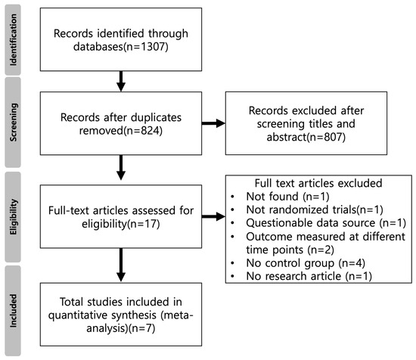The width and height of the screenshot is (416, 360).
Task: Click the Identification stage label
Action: (x=13, y=40)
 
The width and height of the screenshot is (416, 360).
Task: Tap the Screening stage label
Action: (x=13, y=123)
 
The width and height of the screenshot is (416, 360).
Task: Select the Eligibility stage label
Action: (x=13, y=217)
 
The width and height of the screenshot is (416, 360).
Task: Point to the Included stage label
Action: (x=13, y=311)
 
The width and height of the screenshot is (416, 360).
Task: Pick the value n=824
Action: (x=143, y=131)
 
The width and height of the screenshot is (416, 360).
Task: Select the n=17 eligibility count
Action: (x=144, y=224)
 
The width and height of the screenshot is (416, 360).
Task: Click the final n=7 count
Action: (x=141, y=328)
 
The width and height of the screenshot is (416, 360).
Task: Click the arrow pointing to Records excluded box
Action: (x=213, y=123)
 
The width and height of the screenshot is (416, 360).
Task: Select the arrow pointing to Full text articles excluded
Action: (x=213, y=216)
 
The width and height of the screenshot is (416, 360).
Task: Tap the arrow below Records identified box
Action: (x=121, y=81)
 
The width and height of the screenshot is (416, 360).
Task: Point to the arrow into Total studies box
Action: (x=121, y=265)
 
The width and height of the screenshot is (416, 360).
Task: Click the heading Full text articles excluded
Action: (x=318, y=183)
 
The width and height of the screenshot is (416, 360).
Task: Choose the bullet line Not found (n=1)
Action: (x=287, y=197)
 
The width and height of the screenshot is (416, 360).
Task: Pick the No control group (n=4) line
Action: (x=306, y=263)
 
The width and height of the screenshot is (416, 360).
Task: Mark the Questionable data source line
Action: (x=326, y=223)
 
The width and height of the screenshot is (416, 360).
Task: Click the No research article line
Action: (x=309, y=276)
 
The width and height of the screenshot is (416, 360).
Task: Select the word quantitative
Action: (x=78, y=315)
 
